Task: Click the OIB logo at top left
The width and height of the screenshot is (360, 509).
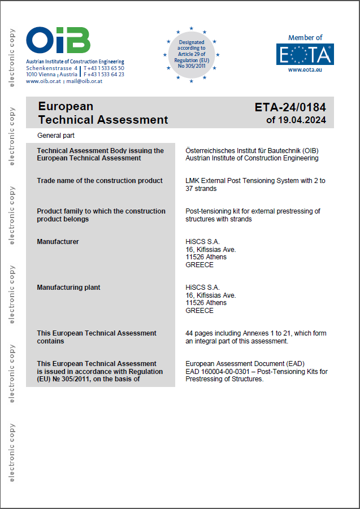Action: [x=58, y=41]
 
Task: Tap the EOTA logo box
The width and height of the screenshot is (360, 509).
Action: [x=305, y=54]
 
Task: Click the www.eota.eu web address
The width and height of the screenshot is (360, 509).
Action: [x=305, y=70]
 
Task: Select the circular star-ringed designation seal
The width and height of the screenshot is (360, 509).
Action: [x=192, y=54]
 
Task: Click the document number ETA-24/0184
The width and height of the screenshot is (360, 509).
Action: [x=290, y=107]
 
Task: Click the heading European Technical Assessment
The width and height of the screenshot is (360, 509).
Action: [x=102, y=113]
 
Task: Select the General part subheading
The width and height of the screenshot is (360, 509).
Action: [x=56, y=136]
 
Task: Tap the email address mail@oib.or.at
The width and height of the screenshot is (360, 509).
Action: [x=84, y=81]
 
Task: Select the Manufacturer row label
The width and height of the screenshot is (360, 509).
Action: [x=58, y=242]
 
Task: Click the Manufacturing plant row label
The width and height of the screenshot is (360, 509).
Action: [x=68, y=288]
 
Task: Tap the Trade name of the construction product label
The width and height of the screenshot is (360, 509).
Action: [x=99, y=181]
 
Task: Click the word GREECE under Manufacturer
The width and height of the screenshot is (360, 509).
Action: [x=199, y=265]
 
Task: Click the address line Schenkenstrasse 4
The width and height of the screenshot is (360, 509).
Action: [x=51, y=68]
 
